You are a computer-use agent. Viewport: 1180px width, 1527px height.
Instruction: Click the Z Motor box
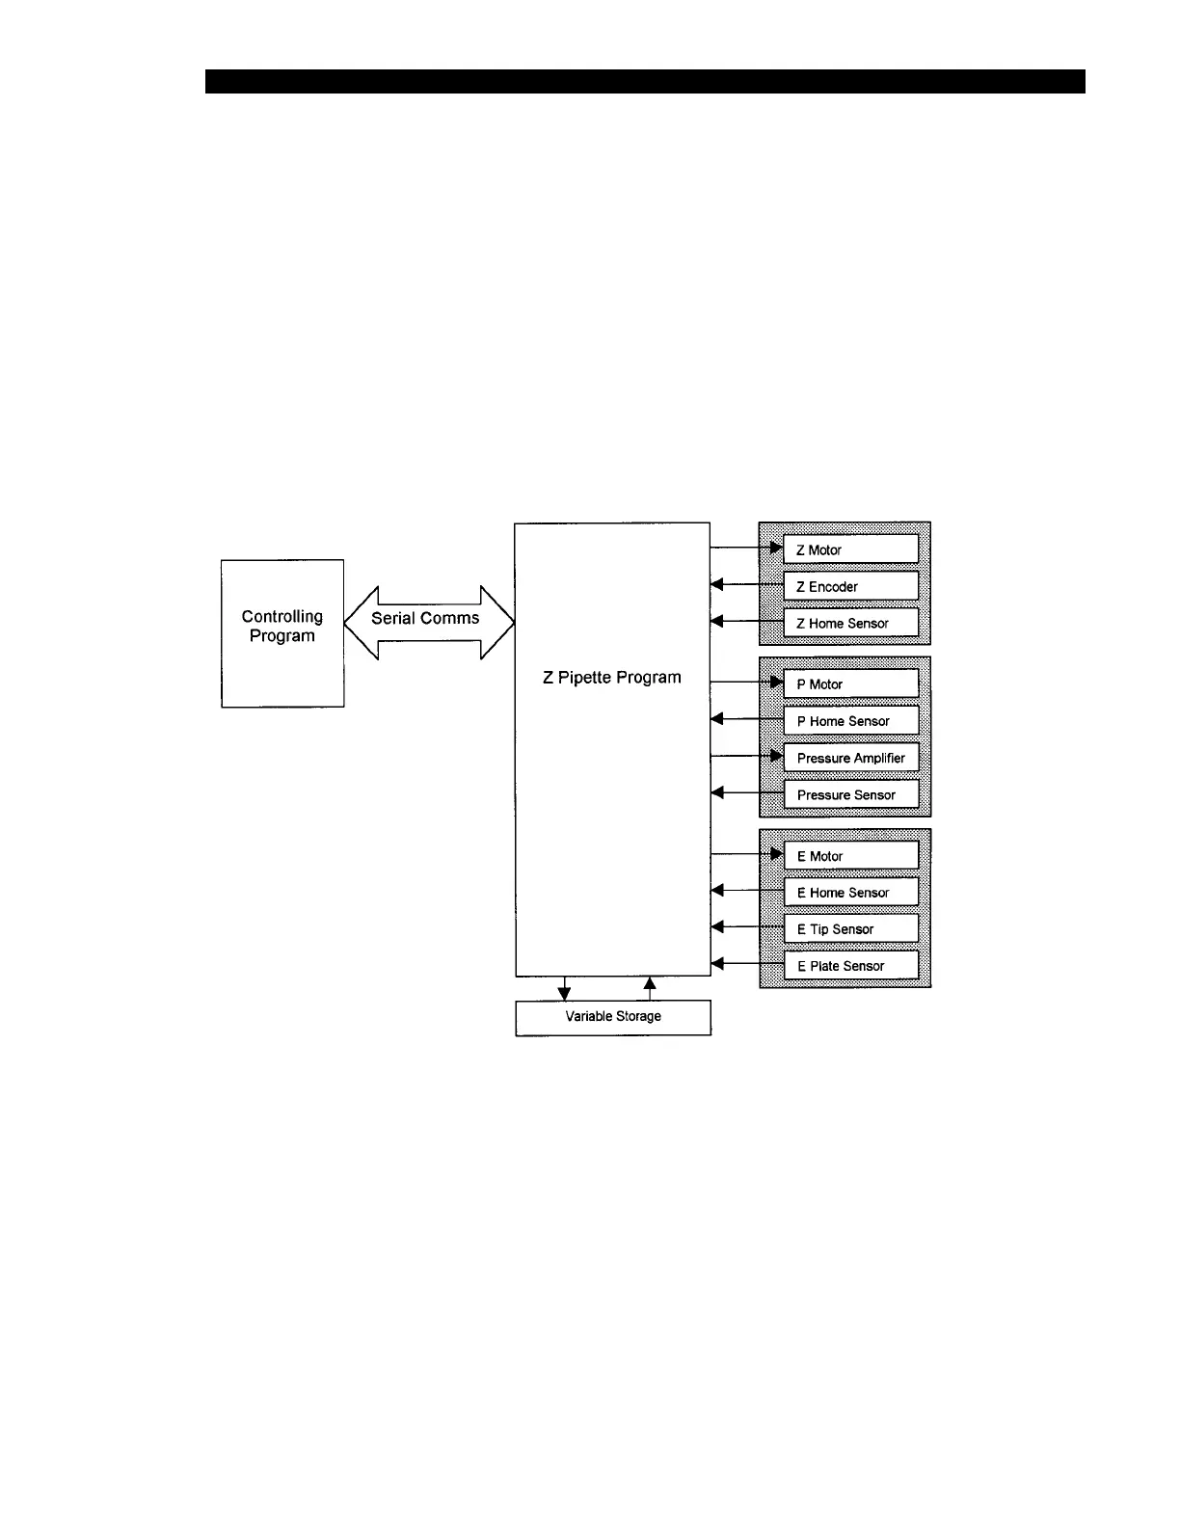tap(850, 549)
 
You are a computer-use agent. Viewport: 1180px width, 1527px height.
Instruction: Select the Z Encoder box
tap(850, 586)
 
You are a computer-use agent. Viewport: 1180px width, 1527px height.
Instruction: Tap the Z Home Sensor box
tap(850, 623)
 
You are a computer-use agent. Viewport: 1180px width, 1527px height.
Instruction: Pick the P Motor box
tap(850, 683)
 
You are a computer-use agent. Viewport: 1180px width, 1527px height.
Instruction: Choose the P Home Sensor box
tap(850, 720)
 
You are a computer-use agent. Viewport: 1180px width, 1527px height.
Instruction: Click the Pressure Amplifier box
tap(850, 758)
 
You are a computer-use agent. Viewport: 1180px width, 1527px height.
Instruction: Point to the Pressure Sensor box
tap(850, 794)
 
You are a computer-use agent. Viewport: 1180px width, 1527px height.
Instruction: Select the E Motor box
tap(850, 856)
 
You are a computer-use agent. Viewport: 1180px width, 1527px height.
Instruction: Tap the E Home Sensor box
tap(850, 893)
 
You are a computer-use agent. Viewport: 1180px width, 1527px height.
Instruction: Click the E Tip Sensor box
tap(850, 929)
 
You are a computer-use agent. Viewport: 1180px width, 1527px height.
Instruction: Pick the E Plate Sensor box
tap(850, 966)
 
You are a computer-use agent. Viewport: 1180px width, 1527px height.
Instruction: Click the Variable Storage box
tap(613, 1017)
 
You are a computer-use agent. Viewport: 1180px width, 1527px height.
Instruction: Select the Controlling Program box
tap(282, 633)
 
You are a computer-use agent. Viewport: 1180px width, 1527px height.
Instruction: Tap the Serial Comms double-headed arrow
tap(429, 622)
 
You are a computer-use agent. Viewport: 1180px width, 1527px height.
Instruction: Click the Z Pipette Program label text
tap(612, 678)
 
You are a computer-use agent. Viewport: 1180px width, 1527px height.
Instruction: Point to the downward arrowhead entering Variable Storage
tap(565, 994)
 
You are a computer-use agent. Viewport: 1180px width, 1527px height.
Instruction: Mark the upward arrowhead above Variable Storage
tap(650, 983)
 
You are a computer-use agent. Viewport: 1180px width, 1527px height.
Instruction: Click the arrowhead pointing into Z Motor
tap(776, 548)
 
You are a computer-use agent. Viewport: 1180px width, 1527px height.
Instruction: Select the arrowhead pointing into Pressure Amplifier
tap(776, 756)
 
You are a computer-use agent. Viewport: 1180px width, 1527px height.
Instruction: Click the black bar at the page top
tap(645, 81)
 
